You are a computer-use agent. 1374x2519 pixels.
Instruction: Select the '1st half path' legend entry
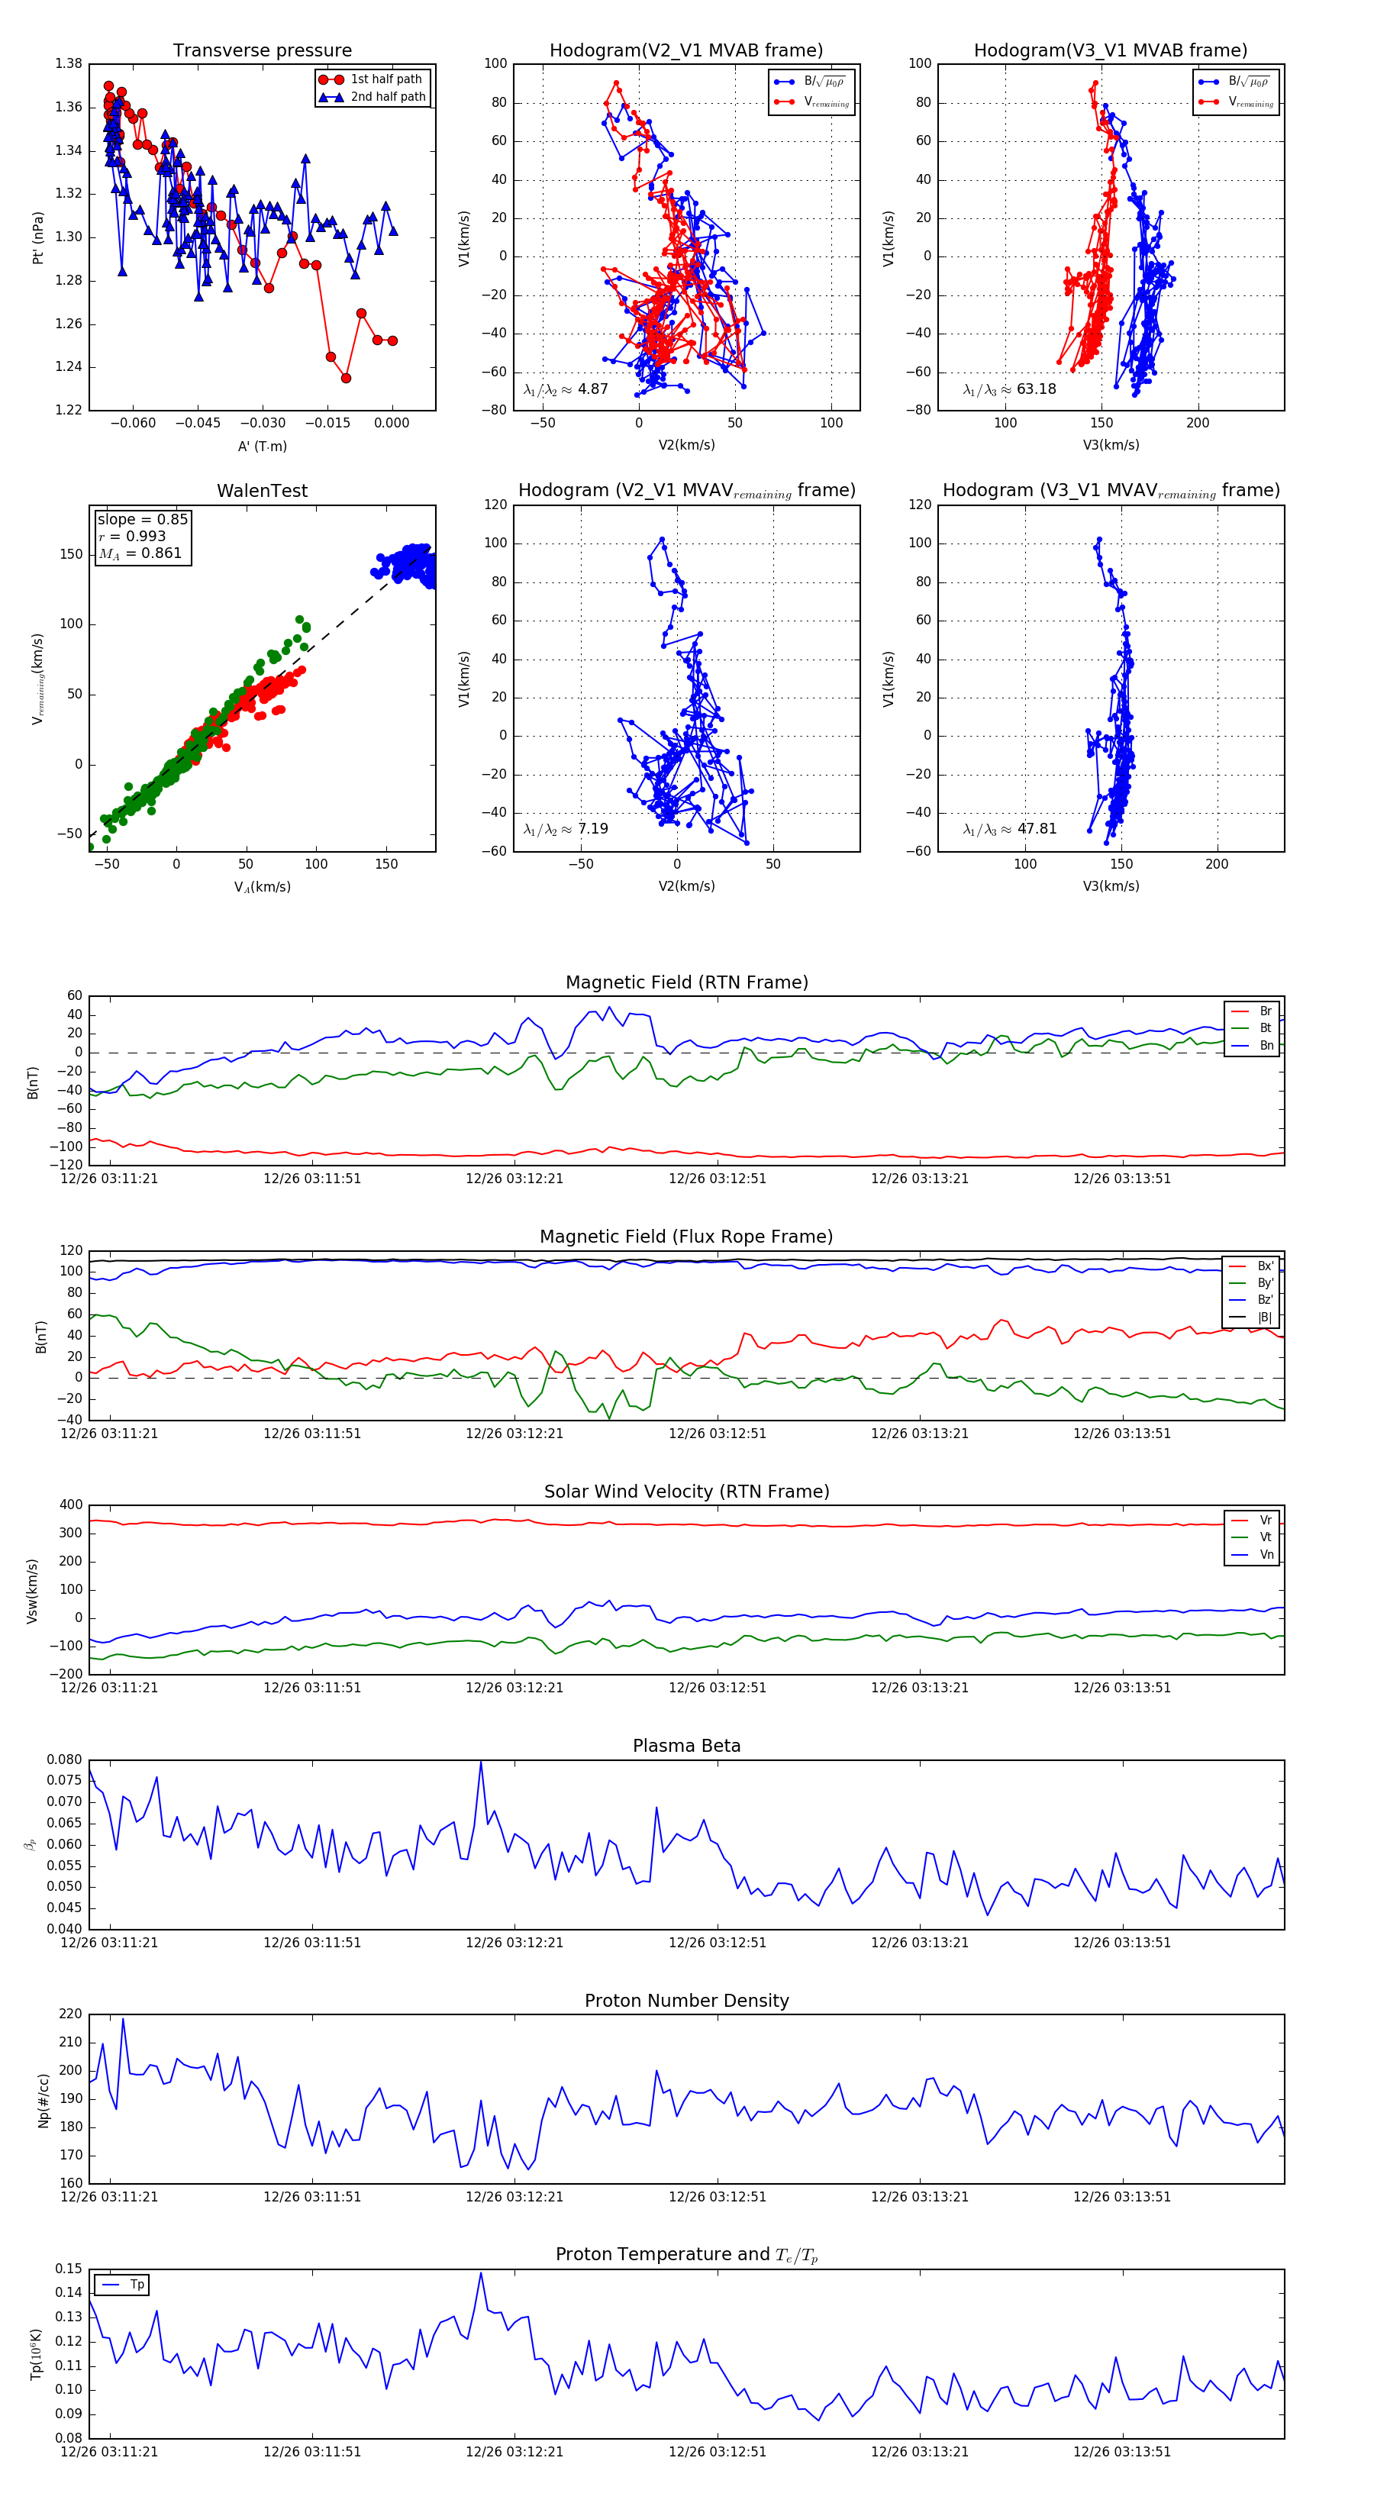(385, 79)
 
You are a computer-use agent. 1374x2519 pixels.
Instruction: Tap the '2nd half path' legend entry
(387, 97)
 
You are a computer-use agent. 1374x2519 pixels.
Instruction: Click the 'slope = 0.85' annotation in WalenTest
(142, 519)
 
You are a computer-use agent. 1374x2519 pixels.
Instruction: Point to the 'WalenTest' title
(262, 491)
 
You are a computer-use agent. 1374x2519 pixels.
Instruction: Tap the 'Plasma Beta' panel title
(686, 1747)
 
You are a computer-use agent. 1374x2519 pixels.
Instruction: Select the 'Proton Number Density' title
(686, 2001)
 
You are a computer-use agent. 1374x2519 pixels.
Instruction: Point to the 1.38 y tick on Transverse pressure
(69, 63)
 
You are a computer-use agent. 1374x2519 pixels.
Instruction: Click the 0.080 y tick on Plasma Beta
(65, 1759)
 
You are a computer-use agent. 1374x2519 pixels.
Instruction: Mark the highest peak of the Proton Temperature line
(480, 2272)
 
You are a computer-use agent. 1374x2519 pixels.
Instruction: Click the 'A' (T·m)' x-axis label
(262, 446)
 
